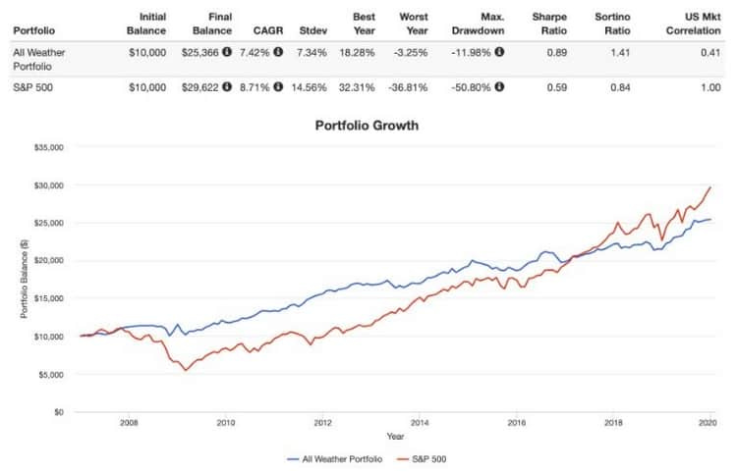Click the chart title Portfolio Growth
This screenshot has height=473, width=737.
pos(367,126)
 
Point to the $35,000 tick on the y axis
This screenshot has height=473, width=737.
pos(48,147)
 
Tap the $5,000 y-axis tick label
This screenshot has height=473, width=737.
pos(50,374)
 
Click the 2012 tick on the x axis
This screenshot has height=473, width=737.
pos(321,424)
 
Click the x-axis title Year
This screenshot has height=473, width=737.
pos(394,437)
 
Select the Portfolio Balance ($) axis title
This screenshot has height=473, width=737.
pos(23,279)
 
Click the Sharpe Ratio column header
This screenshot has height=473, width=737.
pos(549,23)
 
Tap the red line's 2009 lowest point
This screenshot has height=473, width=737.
pos(184,370)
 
